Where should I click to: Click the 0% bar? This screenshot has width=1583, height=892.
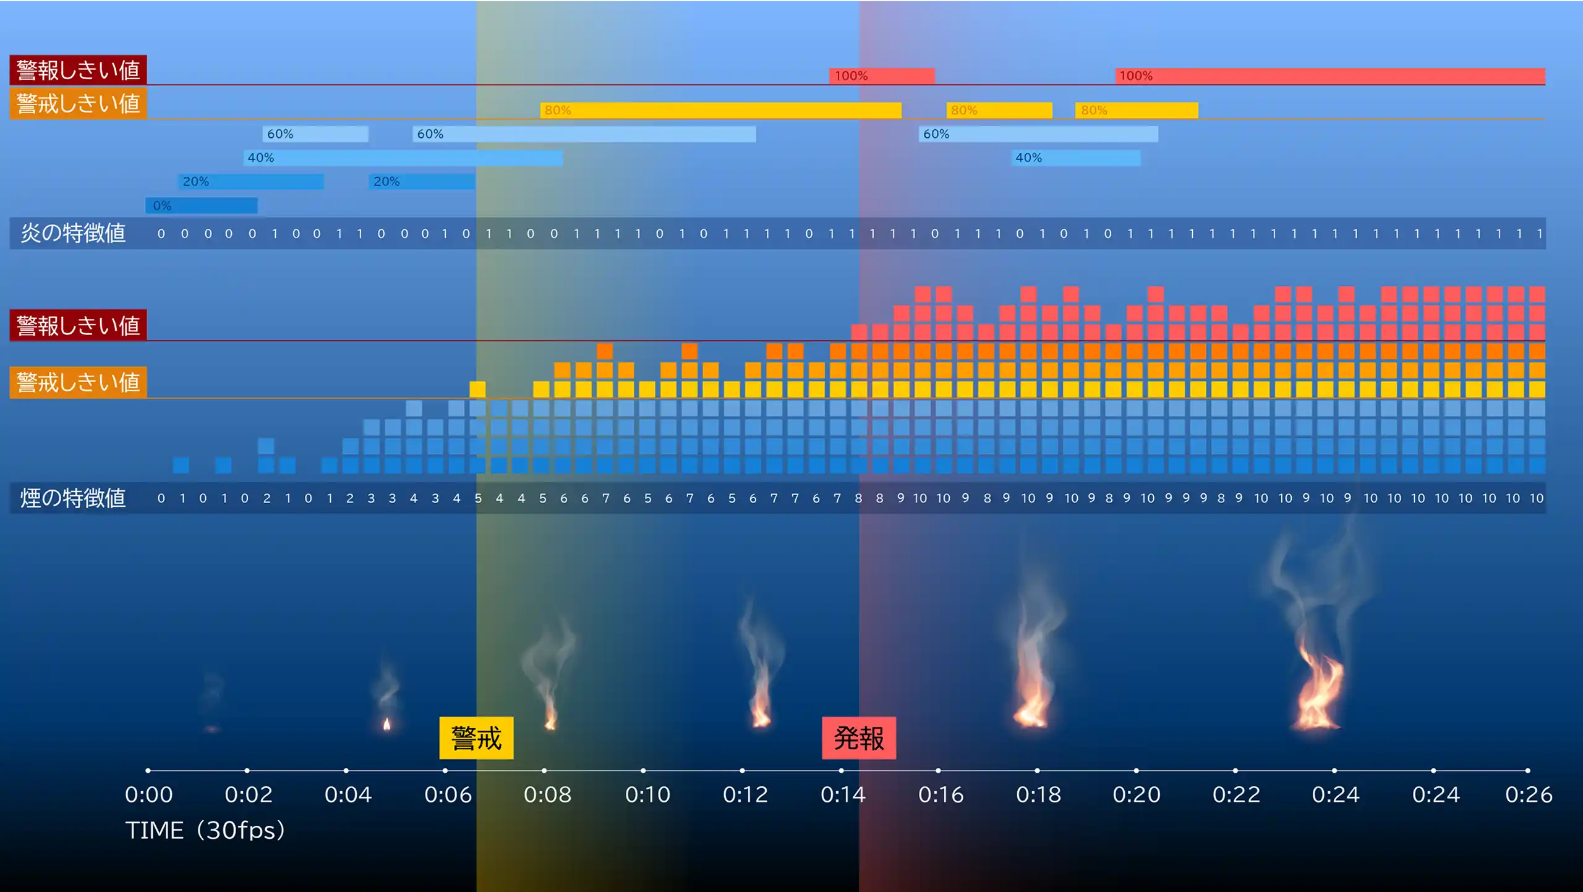[202, 205]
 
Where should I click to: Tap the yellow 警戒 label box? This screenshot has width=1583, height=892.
[476, 737]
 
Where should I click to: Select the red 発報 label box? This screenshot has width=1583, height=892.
[858, 737]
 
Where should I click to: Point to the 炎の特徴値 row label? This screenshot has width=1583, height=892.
[73, 233]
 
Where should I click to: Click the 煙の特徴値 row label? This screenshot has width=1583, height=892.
[73, 498]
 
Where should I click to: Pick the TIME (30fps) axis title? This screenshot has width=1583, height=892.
[205, 830]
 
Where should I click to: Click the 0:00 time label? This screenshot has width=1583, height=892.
[148, 794]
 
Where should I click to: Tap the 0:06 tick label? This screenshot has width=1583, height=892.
[448, 794]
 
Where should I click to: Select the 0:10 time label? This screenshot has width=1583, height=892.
[647, 794]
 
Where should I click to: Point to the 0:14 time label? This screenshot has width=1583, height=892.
[843, 794]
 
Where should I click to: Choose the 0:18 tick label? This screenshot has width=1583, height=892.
[1038, 794]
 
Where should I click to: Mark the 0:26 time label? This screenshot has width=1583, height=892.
[1529, 794]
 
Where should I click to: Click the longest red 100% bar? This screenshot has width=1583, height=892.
[1329, 76]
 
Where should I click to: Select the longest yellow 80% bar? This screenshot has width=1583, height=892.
[720, 110]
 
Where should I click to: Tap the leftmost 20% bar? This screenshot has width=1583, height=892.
[251, 181]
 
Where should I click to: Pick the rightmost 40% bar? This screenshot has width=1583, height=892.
[1076, 158]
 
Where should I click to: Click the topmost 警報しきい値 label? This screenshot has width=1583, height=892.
[78, 70]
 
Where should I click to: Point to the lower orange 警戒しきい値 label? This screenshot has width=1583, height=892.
[78, 382]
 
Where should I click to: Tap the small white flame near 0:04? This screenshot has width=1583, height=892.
[387, 724]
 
